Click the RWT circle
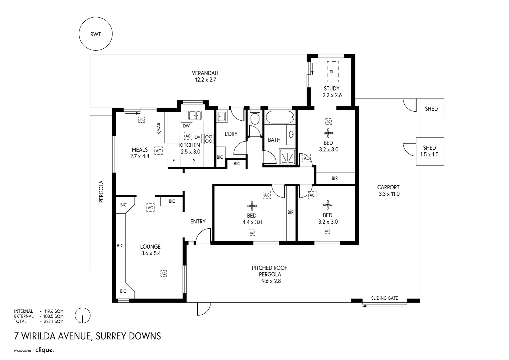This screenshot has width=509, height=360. coord(95,34)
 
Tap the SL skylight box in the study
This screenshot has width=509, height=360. coord(332,72)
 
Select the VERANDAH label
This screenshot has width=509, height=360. coord(205,73)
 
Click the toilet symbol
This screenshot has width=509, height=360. coord(255,119)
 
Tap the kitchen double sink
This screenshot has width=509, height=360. coord(195,115)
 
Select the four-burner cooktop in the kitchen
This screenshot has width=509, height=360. coord(209,138)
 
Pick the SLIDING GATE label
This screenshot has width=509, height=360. coord(384,298)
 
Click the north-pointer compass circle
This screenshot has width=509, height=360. coord(83,315)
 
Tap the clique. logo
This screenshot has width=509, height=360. coord(45,350)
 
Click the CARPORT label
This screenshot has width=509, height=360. coord(388,187)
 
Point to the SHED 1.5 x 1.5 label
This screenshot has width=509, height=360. coord(429,151)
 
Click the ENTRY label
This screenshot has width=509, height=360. coord(198,221)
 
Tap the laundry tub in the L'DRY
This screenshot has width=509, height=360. coord(222,116)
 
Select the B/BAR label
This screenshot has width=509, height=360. coord(159,129)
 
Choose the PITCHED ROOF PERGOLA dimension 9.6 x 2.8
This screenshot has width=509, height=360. coord(270,281)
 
